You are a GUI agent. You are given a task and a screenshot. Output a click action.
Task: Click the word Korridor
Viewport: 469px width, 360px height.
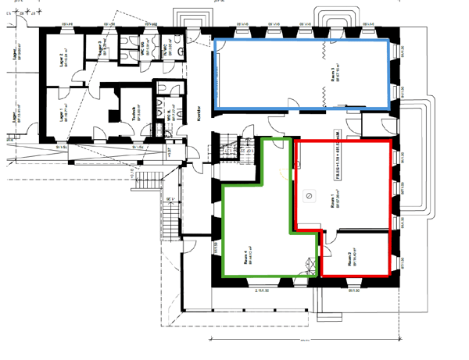[x=199, y=112]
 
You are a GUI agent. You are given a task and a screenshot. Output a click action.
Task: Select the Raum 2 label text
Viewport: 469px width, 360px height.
[x=353, y=259]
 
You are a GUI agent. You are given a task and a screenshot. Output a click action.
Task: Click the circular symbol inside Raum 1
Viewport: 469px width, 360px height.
[x=310, y=195]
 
